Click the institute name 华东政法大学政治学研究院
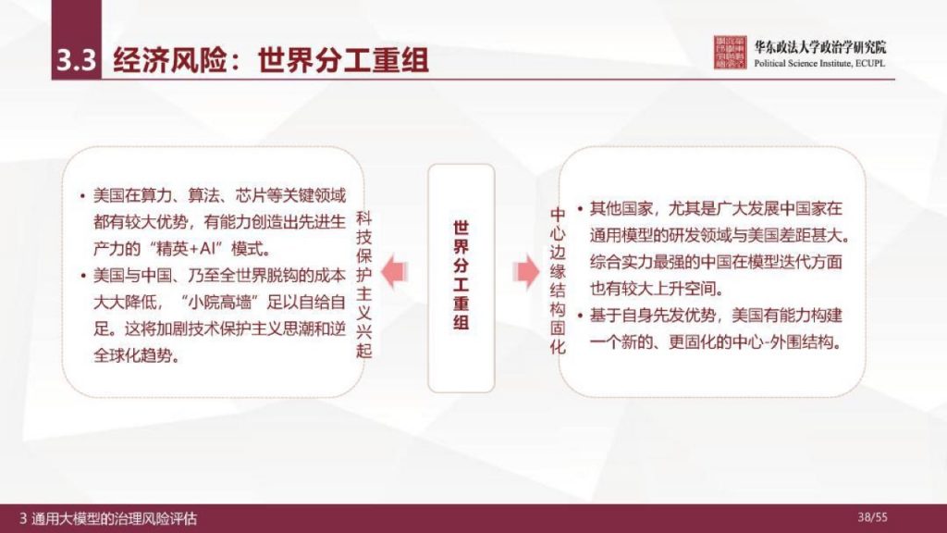point(819,46)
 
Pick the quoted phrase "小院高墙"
point(219,302)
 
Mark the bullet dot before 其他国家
point(579,209)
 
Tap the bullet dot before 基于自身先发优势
point(579,316)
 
